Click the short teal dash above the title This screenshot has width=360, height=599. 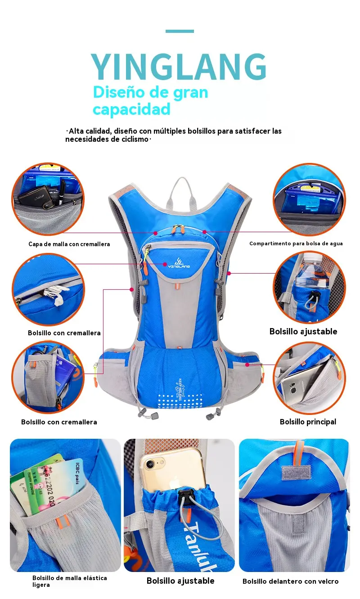tap(180, 32)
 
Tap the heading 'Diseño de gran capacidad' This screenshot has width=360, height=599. tap(150, 100)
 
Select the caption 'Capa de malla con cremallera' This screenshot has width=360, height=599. tap(69, 244)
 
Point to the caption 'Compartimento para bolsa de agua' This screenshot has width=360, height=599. tap(296, 243)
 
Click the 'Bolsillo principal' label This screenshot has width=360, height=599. tap(308, 422)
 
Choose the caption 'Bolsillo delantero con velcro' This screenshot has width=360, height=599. tap(290, 581)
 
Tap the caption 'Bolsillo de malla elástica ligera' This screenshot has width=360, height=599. tap(70, 581)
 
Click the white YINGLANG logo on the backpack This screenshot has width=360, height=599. tap(179, 263)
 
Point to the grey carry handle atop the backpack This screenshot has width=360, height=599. tap(182, 191)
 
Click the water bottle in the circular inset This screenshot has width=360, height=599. tap(311, 271)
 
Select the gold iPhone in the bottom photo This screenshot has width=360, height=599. tap(173, 469)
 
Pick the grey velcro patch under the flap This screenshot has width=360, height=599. tap(297, 473)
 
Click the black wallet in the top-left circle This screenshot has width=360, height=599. tap(35, 197)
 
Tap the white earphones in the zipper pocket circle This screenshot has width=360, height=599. tap(55, 294)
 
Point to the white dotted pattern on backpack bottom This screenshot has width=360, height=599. tap(180, 401)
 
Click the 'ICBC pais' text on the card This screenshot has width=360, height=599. tap(77, 473)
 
